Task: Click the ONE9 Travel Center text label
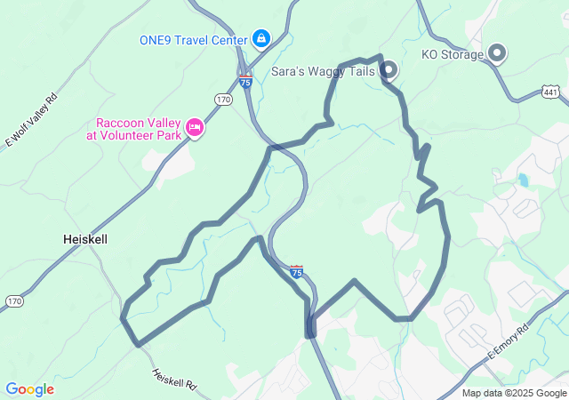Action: [194, 39]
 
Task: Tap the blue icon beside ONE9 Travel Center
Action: [260, 38]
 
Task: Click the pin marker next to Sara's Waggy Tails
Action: [389, 69]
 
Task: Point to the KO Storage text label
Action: [452, 54]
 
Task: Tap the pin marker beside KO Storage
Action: [497, 54]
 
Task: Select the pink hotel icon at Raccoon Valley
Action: [195, 130]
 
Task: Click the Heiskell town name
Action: [87, 239]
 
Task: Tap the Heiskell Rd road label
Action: [173, 380]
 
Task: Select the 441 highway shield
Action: [550, 91]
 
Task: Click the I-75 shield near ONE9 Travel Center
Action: [245, 81]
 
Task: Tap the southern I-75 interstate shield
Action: [297, 271]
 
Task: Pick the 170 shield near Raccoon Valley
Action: [223, 100]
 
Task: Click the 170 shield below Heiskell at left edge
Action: [14, 302]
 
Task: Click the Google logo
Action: [29, 389]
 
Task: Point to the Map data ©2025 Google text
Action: [514, 393]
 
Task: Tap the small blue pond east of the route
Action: [523, 181]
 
